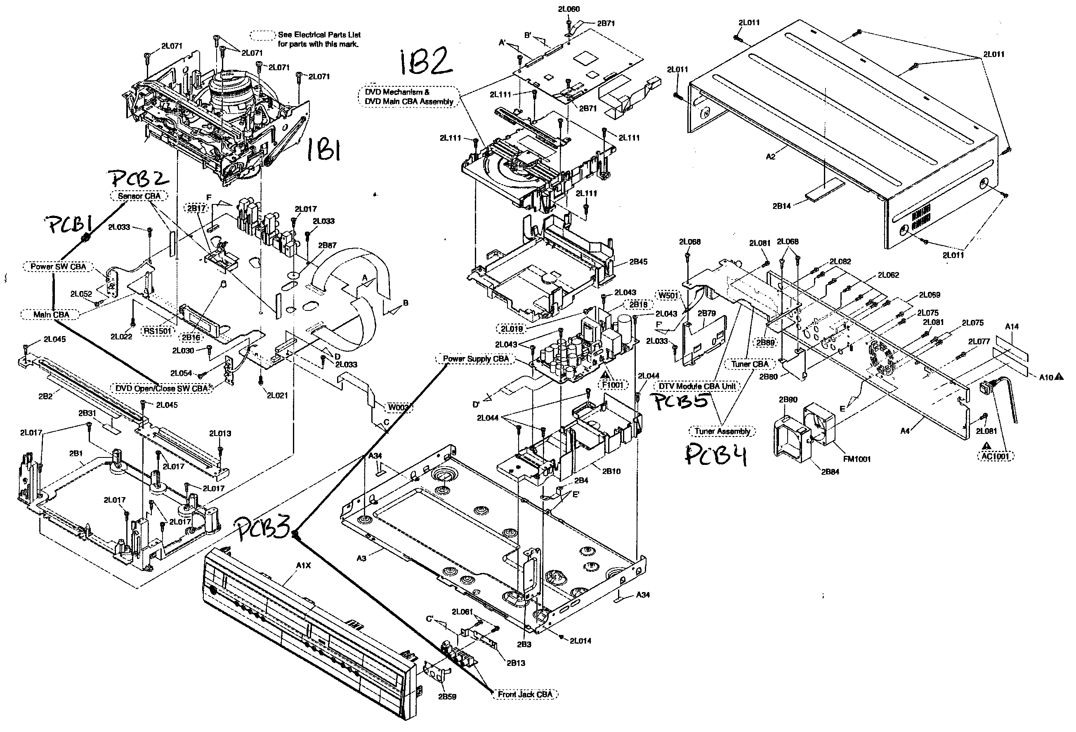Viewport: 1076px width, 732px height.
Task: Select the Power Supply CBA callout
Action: click(476, 359)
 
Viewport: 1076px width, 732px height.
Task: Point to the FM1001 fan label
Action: click(857, 459)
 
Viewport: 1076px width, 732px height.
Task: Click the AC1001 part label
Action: click(995, 456)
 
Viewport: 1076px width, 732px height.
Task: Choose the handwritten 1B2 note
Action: click(425, 62)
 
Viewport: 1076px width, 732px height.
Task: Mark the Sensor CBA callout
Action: click(139, 196)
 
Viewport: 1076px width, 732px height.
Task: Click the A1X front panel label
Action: click(303, 566)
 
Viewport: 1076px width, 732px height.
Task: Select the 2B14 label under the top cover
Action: click(781, 206)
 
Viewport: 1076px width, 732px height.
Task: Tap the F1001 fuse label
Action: click(613, 385)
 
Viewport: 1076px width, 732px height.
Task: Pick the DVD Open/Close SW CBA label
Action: click(162, 388)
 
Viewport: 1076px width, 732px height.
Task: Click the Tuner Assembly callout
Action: click(722, 431)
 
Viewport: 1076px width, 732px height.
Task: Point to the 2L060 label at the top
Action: click(569, 9)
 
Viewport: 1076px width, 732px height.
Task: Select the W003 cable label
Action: click(398, 407)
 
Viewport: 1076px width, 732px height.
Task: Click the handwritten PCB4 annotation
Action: click(716, 454)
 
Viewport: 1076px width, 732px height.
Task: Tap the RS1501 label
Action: click(158, 331)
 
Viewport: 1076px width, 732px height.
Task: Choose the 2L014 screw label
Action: click(580, 641)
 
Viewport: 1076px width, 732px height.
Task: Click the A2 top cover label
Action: click(770, 156)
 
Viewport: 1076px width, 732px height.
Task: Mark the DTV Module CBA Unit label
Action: click(697, 386)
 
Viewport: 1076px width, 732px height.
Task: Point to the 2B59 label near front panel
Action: click(447, 696)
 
